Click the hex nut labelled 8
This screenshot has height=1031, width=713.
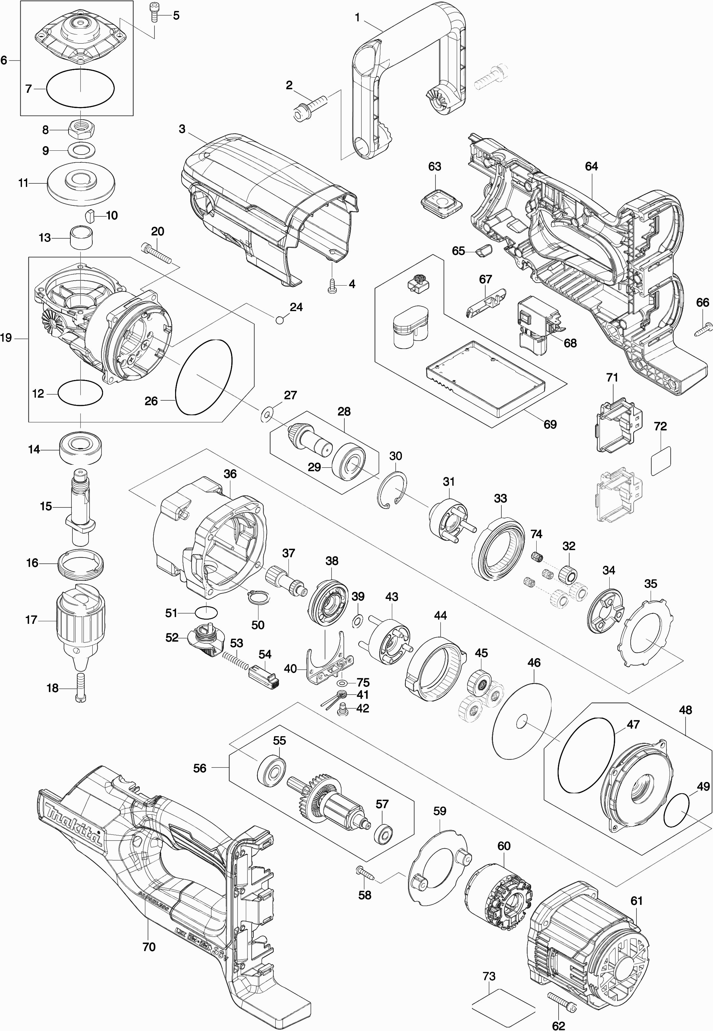80,130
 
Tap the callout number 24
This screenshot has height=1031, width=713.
296,307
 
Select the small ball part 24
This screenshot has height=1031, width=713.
280,320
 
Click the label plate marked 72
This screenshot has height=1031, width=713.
661,461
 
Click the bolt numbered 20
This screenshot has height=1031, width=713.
156,253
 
